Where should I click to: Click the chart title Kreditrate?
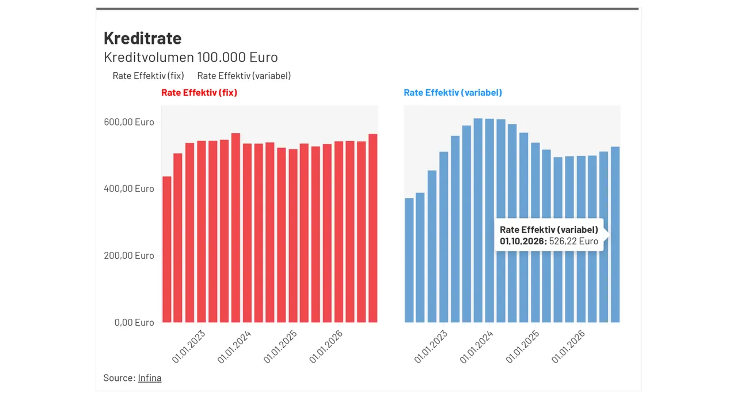pos(142,38)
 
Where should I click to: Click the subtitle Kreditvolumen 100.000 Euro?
pos(191,57)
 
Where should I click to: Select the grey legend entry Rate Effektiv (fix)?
pos(149,76)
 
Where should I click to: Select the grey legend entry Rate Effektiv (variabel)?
pos(244,76)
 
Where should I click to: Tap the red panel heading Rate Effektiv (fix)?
pos(199,93)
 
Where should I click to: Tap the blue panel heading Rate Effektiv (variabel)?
pos(453,93)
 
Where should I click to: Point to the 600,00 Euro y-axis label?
pos(129,122)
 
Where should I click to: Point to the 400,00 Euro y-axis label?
pos(129,188)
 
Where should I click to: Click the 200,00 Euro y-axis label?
pos(129,255)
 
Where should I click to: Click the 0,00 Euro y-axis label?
pos(134,322)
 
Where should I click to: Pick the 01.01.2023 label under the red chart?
pos(188,347)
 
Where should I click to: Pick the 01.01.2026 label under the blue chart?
pos(568,347)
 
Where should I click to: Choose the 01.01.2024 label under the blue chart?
pos(476,347)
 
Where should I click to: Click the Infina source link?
pos(150,378)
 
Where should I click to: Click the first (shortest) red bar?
pos(167,250)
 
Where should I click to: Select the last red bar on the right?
pos(373,228)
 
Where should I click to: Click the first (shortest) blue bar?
pos(409,260)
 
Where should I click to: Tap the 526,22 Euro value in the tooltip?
pos(573,241)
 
